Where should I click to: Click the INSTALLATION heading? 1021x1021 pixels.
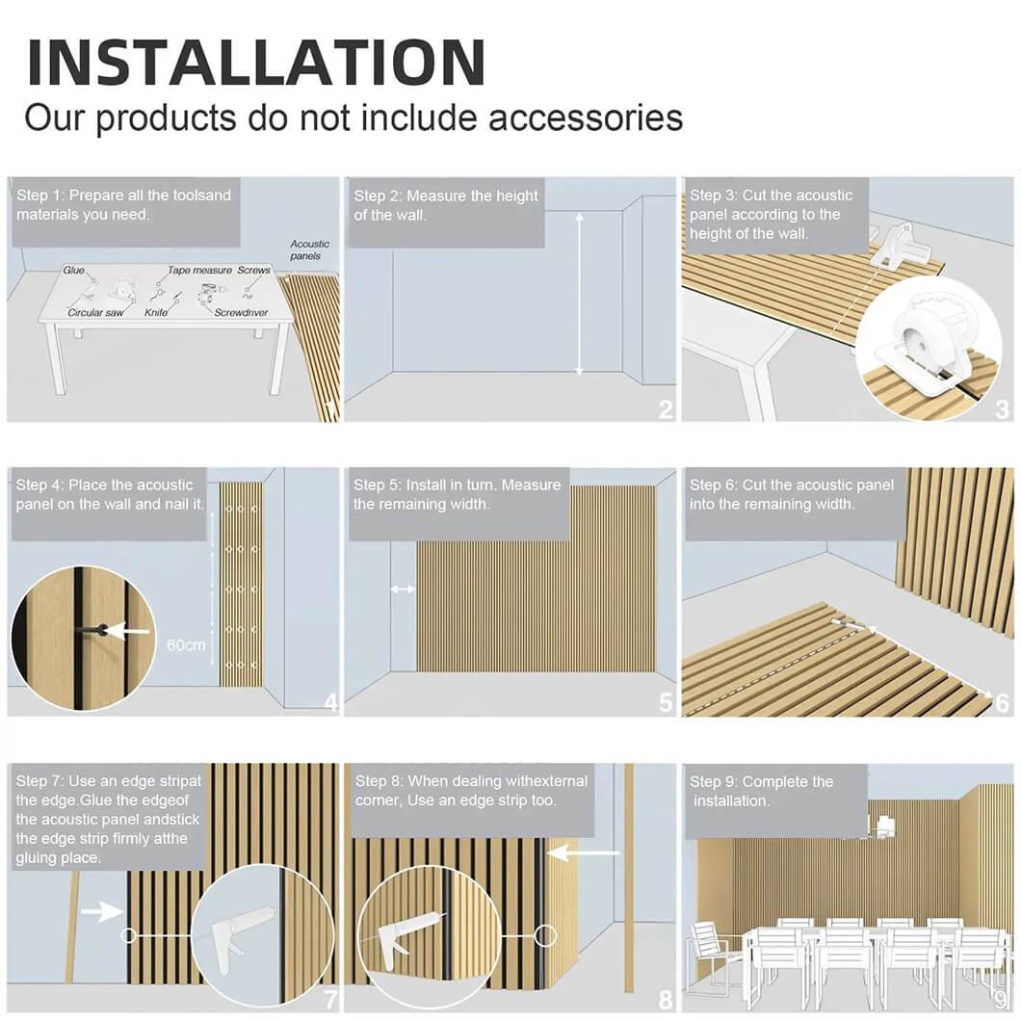click(x=256, y=63)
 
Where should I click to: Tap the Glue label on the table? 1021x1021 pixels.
click(x=73, y=270)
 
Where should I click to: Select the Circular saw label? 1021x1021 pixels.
click(x=95, y=312)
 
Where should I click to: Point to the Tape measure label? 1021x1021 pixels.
click(x=199, y=270)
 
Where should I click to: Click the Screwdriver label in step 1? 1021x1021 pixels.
click(x=241, y=312)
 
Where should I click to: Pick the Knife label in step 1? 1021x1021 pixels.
click(x=156, y=312)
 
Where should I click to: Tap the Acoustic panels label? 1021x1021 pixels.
click(x=309, y=250)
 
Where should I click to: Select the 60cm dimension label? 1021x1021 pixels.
click(x=186, y=645)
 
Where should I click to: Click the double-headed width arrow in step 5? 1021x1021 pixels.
click(x=403, y=589)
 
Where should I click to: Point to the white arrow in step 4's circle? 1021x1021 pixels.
click(x=127, y=631)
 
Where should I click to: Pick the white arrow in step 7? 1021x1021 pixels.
click(x=102, y=911)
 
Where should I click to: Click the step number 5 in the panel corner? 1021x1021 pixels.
click(x=665, y=702)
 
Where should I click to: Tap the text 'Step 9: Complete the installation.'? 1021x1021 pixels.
click(x=761, y=791)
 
